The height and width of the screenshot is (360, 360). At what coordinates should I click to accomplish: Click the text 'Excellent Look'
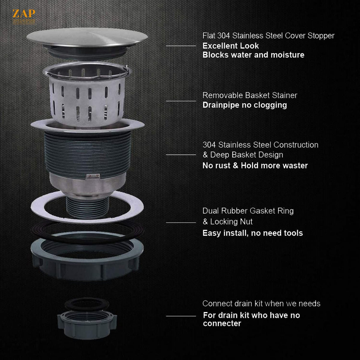(x=230, y=46)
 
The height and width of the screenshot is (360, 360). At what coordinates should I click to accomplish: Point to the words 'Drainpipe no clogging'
(x=244, y=105)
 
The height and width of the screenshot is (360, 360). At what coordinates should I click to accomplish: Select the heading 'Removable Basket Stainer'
(x=249, y=95)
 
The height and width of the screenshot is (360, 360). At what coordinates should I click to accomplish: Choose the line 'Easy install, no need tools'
(x=252, y=233)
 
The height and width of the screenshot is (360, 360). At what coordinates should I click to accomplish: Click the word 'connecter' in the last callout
(x=222, y=324)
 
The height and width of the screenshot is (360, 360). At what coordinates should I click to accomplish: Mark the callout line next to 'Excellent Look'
(x=181, y=46)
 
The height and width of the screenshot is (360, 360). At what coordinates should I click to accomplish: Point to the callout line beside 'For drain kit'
(x=181, y=316)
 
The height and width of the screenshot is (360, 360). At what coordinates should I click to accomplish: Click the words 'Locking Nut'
(x=231, y=222)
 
